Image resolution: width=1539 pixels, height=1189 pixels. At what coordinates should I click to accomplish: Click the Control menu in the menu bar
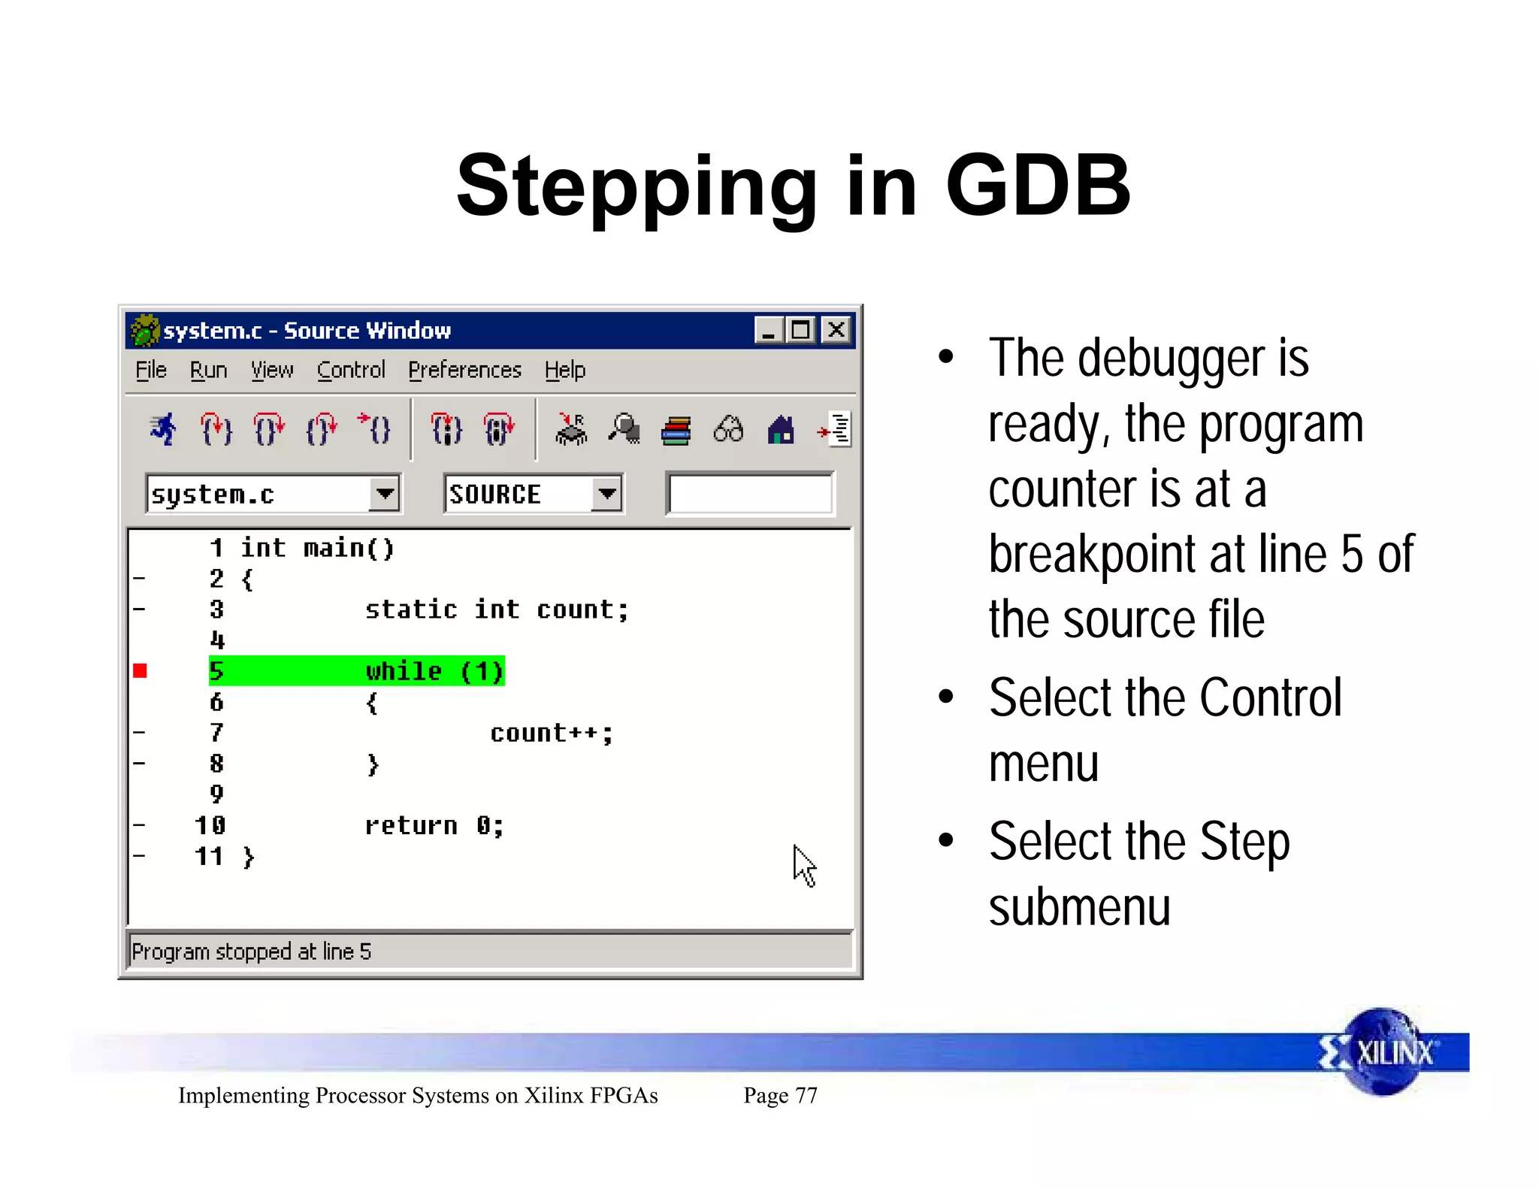350,370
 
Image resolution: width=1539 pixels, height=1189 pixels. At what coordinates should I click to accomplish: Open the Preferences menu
464,370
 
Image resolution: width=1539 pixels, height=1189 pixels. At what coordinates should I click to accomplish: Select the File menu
151,370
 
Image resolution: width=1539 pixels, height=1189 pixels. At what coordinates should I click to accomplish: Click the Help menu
564,370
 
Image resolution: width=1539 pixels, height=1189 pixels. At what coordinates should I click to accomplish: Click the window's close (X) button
836,330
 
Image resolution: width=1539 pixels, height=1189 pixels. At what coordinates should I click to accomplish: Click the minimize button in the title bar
768,330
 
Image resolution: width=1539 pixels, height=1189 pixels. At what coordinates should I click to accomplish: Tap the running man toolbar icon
163,430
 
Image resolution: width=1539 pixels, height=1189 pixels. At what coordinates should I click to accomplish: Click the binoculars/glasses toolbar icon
728,430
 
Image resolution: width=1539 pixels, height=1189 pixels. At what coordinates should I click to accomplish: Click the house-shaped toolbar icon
781,430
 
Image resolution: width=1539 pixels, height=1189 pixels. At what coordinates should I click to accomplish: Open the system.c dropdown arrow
385,494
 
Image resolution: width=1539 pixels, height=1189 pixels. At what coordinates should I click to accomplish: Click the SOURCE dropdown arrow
606,494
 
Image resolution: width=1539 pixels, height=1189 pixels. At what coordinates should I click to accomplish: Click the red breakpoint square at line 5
141,670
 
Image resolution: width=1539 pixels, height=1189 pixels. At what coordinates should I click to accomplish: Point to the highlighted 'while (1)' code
434,670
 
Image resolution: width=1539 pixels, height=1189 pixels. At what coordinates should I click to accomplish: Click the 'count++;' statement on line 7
551,733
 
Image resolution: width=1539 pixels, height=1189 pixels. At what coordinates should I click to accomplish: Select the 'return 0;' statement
434,825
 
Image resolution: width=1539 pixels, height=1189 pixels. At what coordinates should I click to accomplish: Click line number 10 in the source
210,825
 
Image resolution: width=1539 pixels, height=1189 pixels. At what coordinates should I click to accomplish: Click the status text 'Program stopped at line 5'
251,952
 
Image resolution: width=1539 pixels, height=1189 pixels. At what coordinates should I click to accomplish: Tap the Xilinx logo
1383,1052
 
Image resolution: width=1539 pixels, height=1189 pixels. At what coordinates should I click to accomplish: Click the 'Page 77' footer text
780,1095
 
